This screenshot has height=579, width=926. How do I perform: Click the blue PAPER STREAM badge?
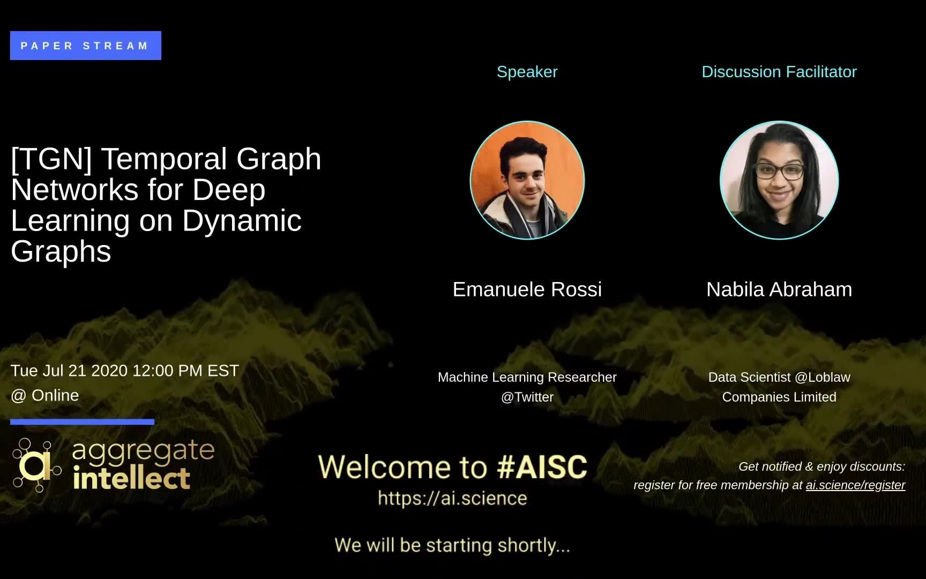click(85, 46)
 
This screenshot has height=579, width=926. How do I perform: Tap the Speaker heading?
click(527, 72)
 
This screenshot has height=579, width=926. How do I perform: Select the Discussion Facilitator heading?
click(779, 72)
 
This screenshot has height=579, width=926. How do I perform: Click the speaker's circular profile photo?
click(527, 180)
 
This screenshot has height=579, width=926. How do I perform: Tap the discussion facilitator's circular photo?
click(779, 180)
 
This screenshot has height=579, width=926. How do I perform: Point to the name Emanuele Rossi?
click(527, 289)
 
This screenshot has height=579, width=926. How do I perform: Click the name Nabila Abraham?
click(779, 289)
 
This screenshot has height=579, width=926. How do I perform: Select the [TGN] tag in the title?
click(51, 159)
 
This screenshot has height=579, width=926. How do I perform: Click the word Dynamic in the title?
click(242, 221)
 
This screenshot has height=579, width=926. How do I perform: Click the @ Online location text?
click(45, 396)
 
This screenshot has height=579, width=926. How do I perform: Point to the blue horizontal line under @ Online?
click(82, 422)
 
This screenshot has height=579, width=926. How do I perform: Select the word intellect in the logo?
click(131, 478)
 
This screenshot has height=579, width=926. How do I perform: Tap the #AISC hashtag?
click(542, 467)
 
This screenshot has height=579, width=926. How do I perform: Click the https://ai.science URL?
click(452, 499)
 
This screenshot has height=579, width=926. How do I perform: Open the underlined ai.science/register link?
click(855, 485)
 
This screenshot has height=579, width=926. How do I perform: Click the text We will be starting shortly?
click(452, 545)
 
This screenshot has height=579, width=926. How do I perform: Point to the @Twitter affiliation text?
click(527, 397)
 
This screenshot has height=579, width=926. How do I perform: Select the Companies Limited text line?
click(779, 397)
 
